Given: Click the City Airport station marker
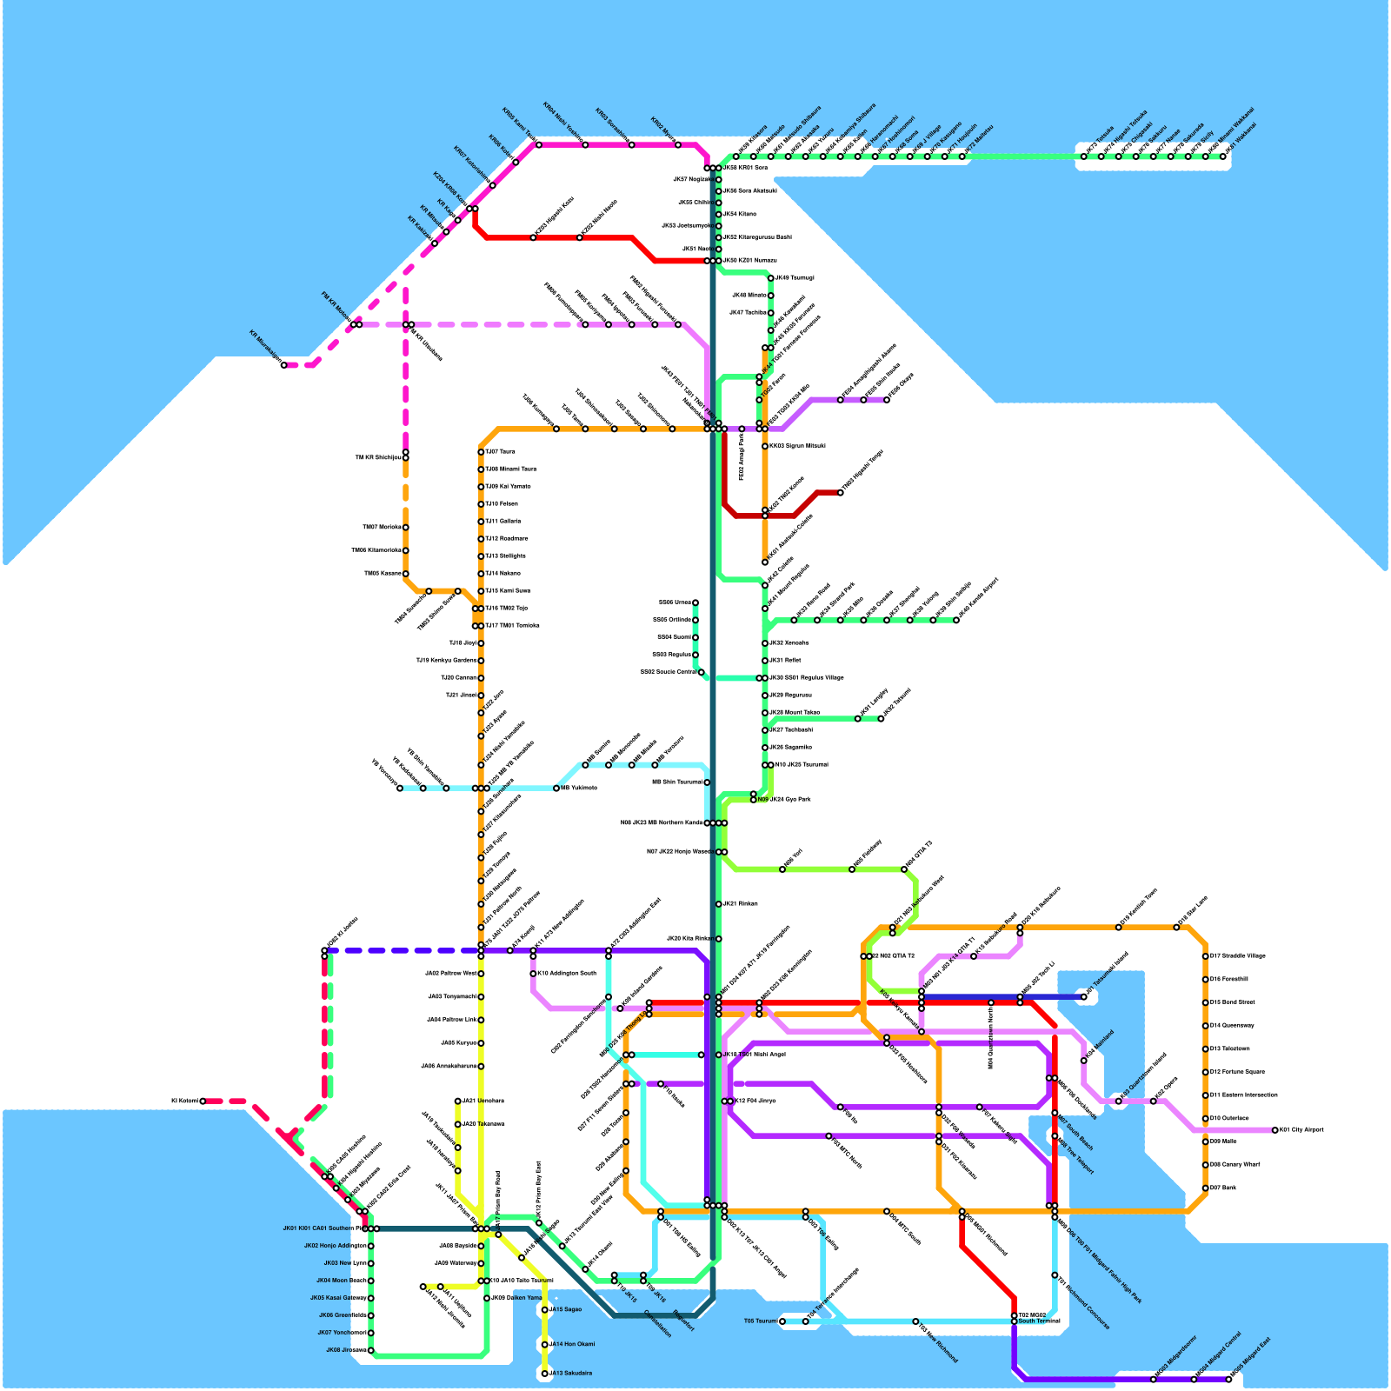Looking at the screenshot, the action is pos(1275,1130).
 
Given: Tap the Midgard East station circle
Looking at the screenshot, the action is pos(1229,1379).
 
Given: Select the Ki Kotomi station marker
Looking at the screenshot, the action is pos(203,1101).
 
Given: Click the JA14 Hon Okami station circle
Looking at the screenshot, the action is pos(545,1345).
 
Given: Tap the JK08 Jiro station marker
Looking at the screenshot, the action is pos(371,1350).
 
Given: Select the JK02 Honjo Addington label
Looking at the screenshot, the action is pos(335,1246).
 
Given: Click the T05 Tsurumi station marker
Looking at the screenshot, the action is pos(782,1321).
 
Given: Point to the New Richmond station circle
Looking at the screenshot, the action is pos(915,1321).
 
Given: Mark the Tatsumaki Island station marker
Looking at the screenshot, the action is pos(1084,996).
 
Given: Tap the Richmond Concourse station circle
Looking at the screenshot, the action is pos(1055,1275).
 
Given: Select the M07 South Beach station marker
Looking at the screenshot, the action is pos(1055,1114).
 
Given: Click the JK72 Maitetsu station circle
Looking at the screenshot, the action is pos(962,156).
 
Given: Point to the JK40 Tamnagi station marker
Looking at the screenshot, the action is pos(771,278).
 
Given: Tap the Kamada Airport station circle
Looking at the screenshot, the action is pos(956,620).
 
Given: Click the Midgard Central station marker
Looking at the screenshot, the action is pos(1194,1379).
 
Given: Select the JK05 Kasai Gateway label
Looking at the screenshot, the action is pos(338,1298).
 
